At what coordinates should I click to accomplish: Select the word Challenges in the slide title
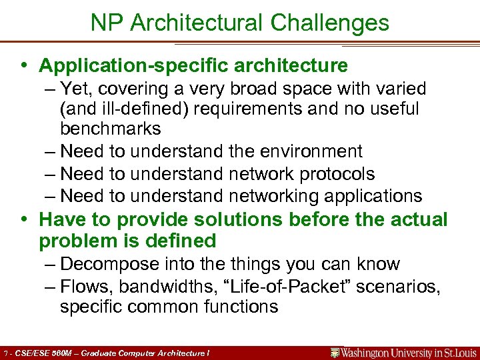[329, 23]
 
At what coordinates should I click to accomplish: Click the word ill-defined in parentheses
[135, 109]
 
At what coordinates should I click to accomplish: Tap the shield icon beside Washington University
[335, 352]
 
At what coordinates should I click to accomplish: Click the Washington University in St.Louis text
[409, 352]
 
